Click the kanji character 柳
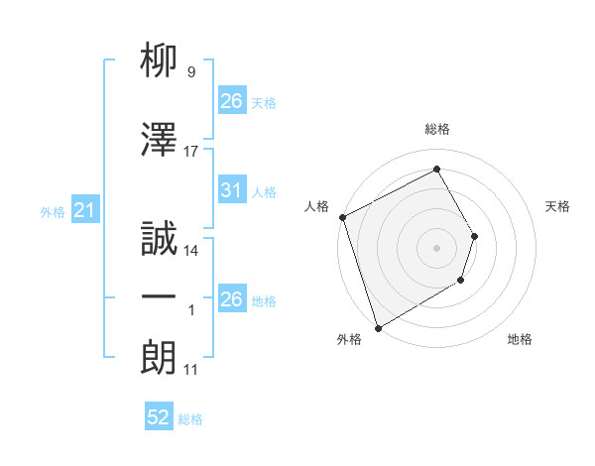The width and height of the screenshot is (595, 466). pos(160,64)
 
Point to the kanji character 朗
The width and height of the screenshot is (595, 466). pos(160,355)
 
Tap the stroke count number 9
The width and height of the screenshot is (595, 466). pos(190,71)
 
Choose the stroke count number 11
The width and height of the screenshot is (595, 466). pos(190,370)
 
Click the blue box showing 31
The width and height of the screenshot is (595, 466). pos(231,190)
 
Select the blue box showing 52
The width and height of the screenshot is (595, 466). pos(159,418)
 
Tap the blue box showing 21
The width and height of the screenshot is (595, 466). pos(84,211)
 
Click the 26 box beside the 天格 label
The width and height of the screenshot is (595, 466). pos(231,101)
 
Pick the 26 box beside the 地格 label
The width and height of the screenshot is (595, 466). pos(231,299)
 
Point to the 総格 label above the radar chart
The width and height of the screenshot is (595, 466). pos(437,129)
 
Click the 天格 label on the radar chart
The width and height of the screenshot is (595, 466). pos(558,206)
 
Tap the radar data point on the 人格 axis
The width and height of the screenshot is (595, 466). pos(342,217)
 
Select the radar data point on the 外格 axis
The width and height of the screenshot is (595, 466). pos(378,327)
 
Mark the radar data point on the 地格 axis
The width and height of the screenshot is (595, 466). pos(462,283)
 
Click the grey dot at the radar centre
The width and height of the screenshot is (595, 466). pos(436,247)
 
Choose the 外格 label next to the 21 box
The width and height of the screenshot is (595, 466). pos(53,212)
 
